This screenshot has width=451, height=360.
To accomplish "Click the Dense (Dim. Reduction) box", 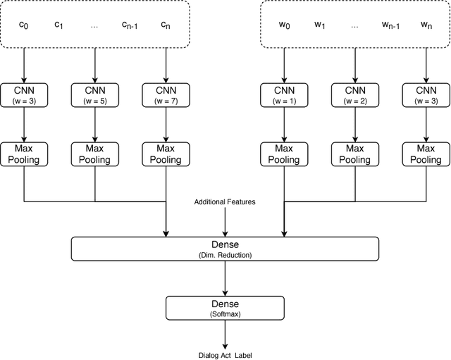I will click(x=225, y=249).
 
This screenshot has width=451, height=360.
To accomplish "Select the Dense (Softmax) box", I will click(x=225, y=307).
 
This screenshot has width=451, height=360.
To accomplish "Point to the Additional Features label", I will click(x=225, y=202).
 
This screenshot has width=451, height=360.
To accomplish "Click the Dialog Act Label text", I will click(x=225, y=355).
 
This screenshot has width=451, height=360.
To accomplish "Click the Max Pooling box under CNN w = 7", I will click(x=166, y=154).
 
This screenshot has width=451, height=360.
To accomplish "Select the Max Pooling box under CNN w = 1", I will click(x=284, y=154).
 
